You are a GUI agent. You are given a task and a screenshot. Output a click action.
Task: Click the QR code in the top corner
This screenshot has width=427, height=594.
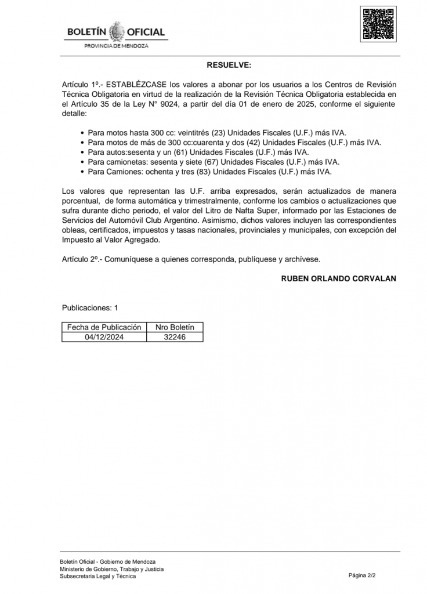[379, 23]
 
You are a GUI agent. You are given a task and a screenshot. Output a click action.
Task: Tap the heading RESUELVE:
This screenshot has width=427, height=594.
[229, 66]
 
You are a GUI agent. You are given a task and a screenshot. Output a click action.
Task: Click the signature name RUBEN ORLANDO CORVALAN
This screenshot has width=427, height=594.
[339, 278]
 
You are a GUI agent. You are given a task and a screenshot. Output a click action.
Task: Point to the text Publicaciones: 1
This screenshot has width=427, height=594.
[90, 308]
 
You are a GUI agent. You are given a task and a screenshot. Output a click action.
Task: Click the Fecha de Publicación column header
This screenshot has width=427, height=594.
[104, 327]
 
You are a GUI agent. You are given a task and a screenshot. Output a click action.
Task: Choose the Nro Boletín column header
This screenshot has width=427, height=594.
[175, 327]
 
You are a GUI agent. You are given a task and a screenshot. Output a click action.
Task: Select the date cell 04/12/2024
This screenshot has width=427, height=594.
[104, 336]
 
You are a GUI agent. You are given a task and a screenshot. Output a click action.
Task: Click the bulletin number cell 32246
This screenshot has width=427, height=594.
[175, 336]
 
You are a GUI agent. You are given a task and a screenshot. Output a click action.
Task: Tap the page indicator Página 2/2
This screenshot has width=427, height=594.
[363, 575]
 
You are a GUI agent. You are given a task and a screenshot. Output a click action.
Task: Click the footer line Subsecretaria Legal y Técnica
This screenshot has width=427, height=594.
[97, 576]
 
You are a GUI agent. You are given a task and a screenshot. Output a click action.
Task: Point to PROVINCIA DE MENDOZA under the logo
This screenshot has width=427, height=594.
[116, 46]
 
